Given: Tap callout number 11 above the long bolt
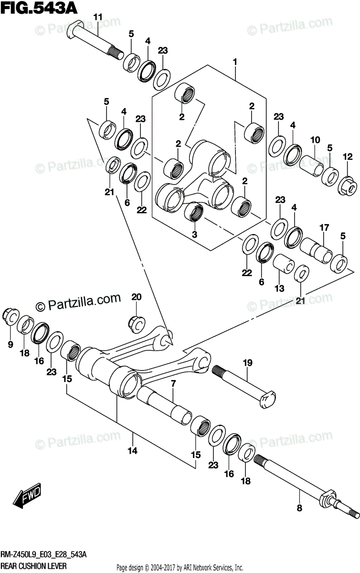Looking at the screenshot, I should pos(98,18).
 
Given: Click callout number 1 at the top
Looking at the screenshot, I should pos(235,62).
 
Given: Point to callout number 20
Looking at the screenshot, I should pos(137,297).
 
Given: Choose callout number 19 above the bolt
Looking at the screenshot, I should pos(247,364).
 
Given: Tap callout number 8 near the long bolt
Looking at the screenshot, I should pos(299,509).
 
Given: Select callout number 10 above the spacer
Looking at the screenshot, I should pos(315,140).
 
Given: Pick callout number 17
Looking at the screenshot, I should pos(324,228).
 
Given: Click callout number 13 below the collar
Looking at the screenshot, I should pos(279,288).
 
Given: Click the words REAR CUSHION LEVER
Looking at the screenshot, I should pos(33,565).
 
